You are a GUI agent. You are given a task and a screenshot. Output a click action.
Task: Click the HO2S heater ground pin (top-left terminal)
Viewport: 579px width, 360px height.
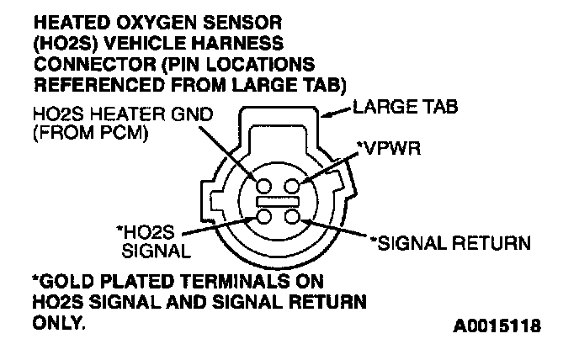tap(263, 186)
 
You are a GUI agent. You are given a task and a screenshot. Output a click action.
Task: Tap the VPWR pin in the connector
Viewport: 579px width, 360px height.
tap(292, 186)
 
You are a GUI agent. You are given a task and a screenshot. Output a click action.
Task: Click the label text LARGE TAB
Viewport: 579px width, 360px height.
tap(397, 109)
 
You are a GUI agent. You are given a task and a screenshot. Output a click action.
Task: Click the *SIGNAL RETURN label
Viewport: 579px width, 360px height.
tap(450, 243)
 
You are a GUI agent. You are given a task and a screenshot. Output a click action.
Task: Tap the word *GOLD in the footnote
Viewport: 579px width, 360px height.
tap(60, 280)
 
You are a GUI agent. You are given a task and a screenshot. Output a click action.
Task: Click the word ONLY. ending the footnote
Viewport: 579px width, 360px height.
tap(58, 320)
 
